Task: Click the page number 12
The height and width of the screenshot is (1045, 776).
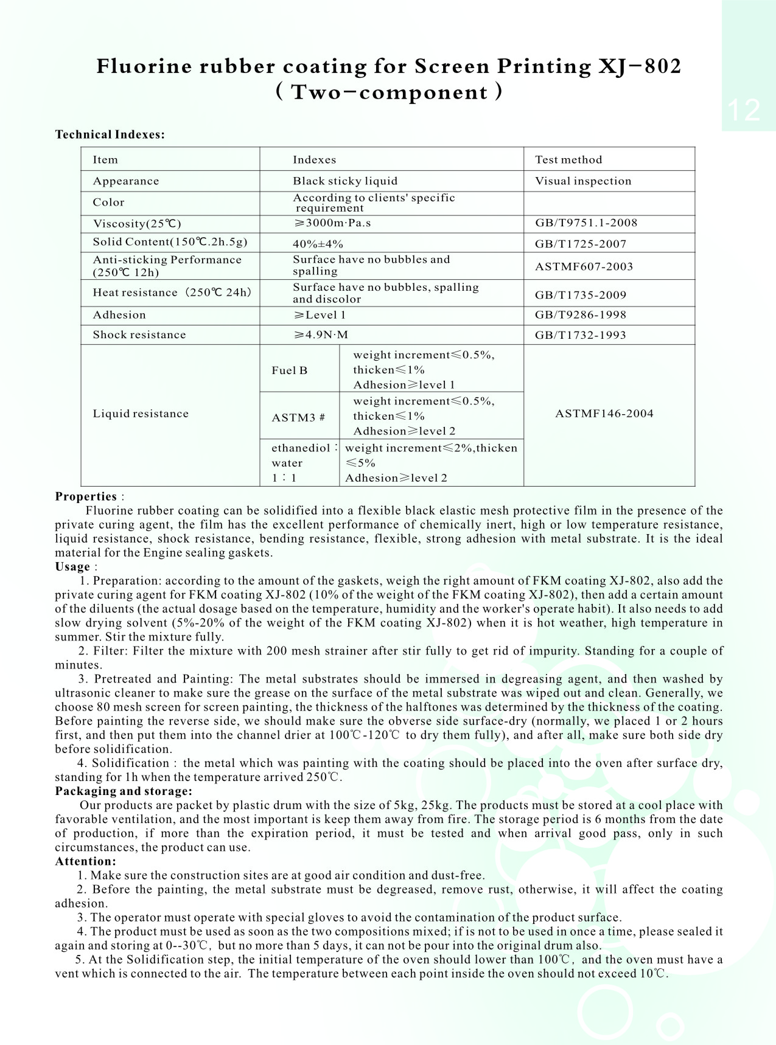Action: [743, 111]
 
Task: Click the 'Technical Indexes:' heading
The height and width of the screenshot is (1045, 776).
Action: [110, 134]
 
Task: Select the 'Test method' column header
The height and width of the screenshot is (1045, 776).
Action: [568, 160]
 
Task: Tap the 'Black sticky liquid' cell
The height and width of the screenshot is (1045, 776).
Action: [345, 181]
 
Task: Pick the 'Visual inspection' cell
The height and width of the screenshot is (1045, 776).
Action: [583, 181]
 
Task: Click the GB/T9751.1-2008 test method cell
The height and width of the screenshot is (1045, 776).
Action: [586, 223]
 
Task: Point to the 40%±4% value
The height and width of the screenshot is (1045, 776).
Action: [318, 244]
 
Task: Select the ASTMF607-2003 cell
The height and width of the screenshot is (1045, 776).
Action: [584, 266]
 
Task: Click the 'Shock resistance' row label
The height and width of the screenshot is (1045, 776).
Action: [139, 335]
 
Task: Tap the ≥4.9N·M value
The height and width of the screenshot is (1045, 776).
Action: [321, 335]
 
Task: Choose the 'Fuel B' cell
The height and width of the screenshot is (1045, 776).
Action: [290, 370]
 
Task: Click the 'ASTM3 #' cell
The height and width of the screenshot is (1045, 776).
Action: [298, 417]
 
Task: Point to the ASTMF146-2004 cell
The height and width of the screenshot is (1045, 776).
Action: [604, 414]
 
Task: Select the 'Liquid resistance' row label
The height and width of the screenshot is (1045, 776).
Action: [141, 414]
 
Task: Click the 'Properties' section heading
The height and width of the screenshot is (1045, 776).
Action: [86, 496]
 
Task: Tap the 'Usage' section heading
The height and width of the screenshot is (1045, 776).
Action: [72, 567]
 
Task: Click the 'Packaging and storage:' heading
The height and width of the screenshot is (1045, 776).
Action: [124, 791]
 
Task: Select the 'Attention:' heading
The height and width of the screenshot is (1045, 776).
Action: [85, 861]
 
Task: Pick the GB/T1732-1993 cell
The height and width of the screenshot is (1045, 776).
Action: [581, 335]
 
